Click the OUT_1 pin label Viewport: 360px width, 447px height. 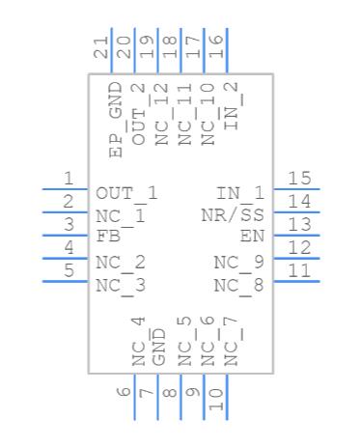point(126,195)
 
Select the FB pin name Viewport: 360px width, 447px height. point(108,237)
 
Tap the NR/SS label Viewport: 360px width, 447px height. point(233,215)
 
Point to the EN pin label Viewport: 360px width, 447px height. point(252,237)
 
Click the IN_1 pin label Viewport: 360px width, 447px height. point(240,195)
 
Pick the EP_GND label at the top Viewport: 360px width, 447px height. point(116,120)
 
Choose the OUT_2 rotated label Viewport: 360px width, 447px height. point(138,114)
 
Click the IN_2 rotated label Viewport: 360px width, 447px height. point(231,106)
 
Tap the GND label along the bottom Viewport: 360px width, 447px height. point(158,348)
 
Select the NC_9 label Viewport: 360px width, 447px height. point(239,264)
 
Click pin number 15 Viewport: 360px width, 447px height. point(299,178)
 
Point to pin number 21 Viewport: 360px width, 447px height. point(100,47)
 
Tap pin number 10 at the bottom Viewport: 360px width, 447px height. point(216,399)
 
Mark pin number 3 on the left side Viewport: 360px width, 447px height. point(69,224)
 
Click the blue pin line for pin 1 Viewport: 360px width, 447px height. point(66,189)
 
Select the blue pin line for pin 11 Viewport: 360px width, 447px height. point(296,282)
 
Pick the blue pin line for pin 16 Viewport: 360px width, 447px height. point(227,51)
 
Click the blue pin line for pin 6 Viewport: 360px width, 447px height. point(134,397)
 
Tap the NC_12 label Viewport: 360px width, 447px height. point(161,114)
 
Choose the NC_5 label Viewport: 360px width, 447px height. point(184,341)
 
